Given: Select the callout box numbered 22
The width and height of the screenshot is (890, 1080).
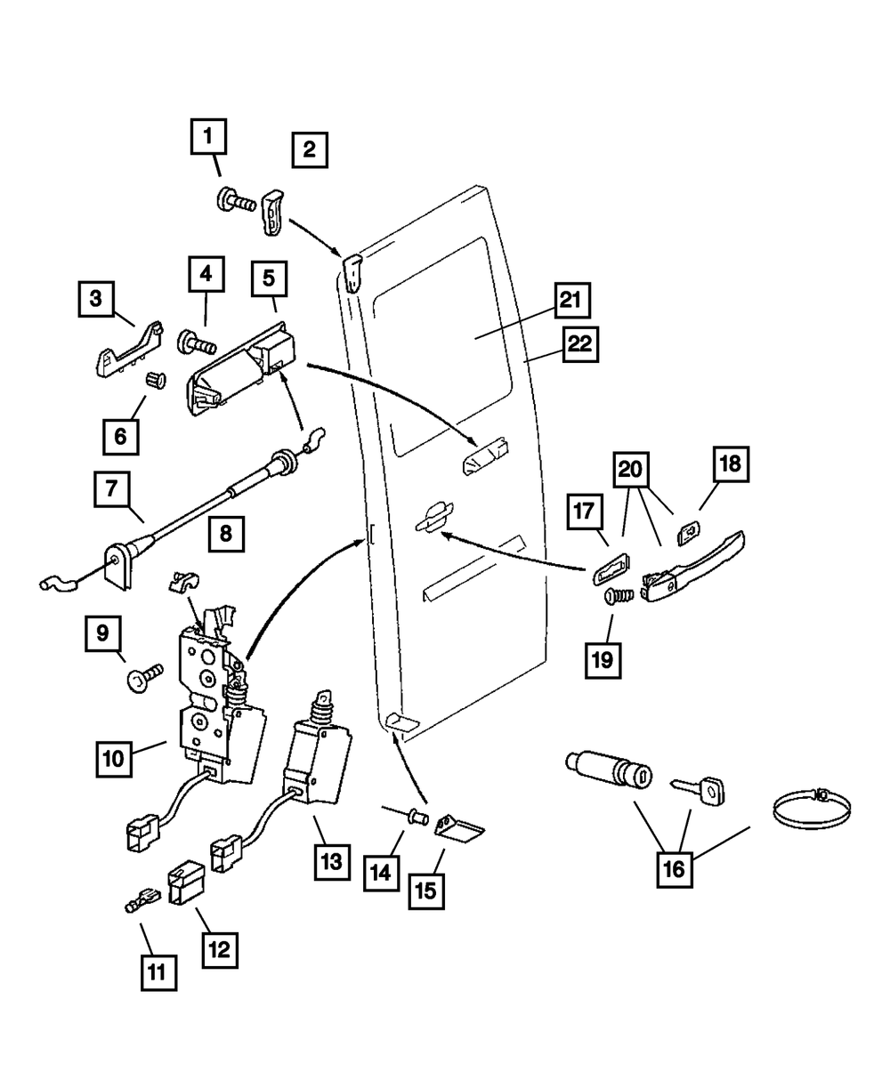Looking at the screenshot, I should click(579, 344).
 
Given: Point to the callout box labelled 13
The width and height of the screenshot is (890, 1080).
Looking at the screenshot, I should click(331, 860).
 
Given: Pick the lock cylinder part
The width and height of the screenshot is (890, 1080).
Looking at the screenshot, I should click(611, 771).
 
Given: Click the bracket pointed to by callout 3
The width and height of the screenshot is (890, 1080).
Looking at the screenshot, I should click(127, 350).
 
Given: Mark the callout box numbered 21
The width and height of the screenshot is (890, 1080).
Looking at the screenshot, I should click(570, 302).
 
